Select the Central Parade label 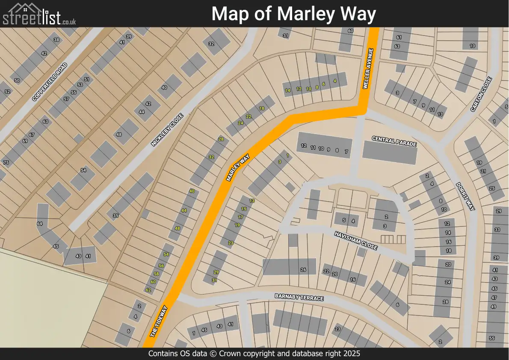click(394, 141)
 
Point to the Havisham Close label click(356, 241)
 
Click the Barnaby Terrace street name click(299, 297)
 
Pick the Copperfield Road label click(50, 82)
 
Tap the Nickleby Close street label click(167, 130)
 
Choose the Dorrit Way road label click(465, 196)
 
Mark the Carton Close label click(482, 95)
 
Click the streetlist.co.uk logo click(39, 14)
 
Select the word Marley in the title click(304, 14)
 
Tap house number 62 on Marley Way click(148, 290)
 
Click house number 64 click(40, 224)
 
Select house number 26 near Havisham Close click(303, 270)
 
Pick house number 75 click(6, 163)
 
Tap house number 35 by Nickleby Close click(115, 216)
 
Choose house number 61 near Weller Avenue click(399, 38)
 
